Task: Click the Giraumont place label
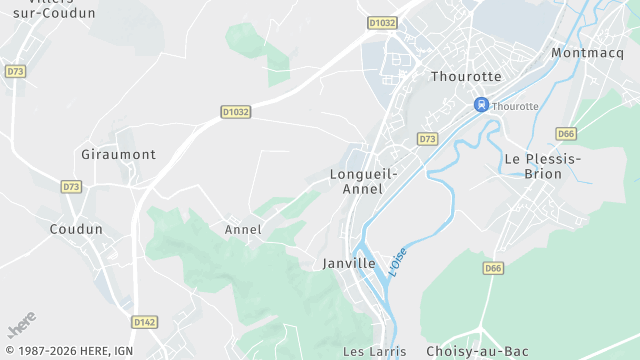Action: tap(118, 155)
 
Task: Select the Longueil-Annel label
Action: tap(363, 181)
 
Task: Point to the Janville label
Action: tap(349, 263)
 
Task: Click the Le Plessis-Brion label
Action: tap(542, 166)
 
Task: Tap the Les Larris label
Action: tap(374, 351)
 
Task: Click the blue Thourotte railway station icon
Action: tap(481, 105)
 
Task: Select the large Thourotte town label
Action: tap(464, 76)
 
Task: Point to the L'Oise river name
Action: tap(398, 262)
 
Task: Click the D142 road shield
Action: tap(145, 322)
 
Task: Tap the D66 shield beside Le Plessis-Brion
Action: tap(566, 133)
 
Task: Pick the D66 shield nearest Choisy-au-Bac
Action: tap(493, 268)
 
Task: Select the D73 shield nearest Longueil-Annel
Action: tap(427, 139)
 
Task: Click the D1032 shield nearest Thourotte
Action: tap(382, 21)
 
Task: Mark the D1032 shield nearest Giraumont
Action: tap(235, 111)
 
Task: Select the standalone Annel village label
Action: tap(243, 229)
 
